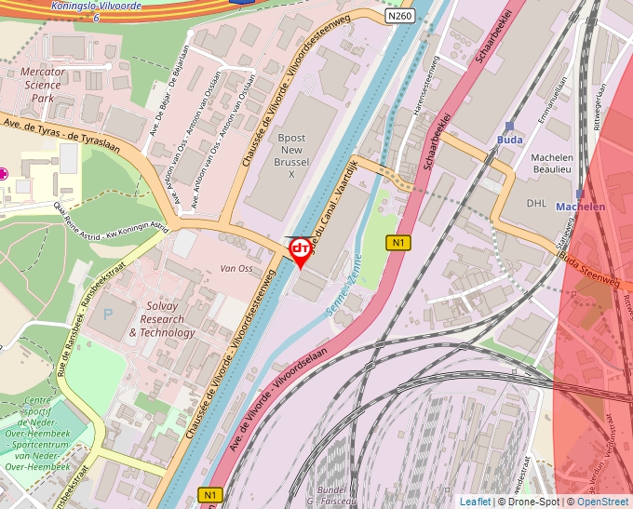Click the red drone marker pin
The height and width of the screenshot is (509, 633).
pyautogui.click(x=301, y=250)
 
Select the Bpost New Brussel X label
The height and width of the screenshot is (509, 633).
pyautogui.click(x=291, y=155)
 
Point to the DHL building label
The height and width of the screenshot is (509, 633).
pyautogui.click(x=537, y=202)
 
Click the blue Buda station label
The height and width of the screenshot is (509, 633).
pyautogui.click(x=509, y=140)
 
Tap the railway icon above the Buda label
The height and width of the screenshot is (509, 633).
pyautogui.click(x=509, y=126)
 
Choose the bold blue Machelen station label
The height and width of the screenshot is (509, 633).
pyautogui.click(x=580, y=207)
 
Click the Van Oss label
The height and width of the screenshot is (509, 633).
pyautogui.click(x=236, y=269)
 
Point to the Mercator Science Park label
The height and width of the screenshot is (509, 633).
pyautogui.click(x=43, y=85)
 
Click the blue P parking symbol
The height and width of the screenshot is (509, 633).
pyautogui.click(x=107, y=315)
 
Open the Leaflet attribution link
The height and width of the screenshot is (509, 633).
pyautogui.click(x=475, y=502)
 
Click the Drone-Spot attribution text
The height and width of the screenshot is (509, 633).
pyautogui.click(x=530, y=502)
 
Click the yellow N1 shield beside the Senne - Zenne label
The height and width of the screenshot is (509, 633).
pyautogui.click(x=398, y=243)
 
